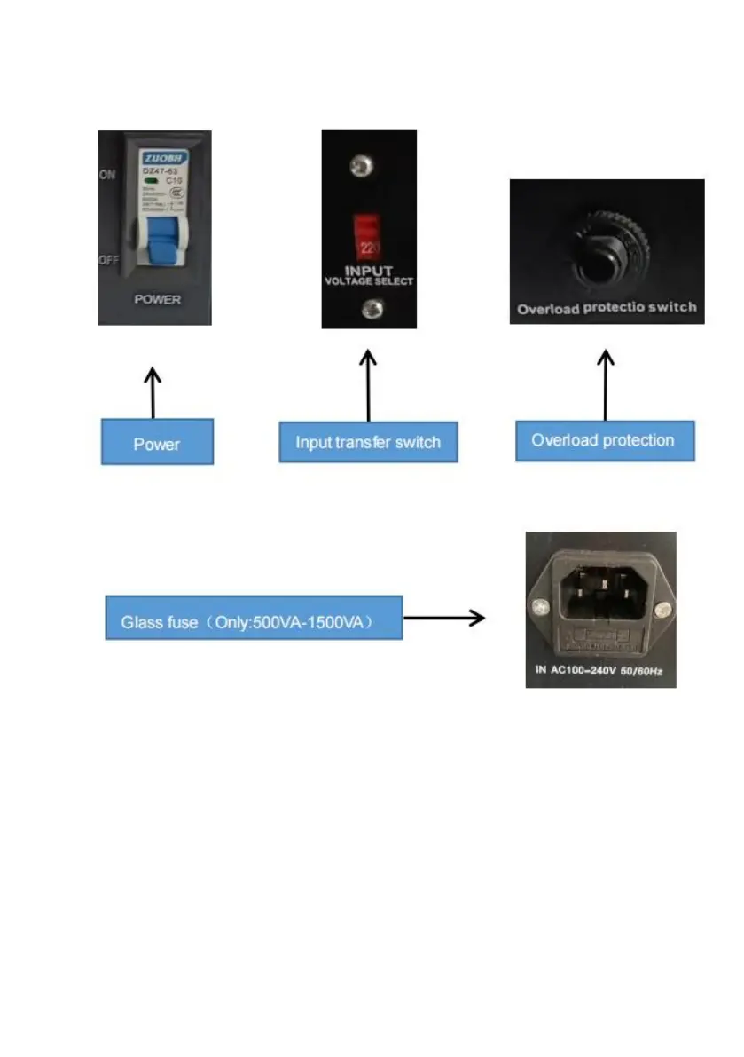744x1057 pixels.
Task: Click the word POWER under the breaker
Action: (x=157, y=300)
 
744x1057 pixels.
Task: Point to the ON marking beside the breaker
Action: (x=107, y=176)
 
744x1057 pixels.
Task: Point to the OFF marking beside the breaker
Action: (x=107, y=261)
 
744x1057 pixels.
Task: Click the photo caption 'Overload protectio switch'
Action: (x=607, y=309)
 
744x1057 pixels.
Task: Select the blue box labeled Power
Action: (x=157, y=442)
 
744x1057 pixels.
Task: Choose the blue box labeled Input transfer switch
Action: (x=368, y=441)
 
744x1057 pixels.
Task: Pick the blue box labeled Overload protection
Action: (x=604, y=440)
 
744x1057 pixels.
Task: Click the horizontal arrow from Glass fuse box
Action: (x=444, y=618)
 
